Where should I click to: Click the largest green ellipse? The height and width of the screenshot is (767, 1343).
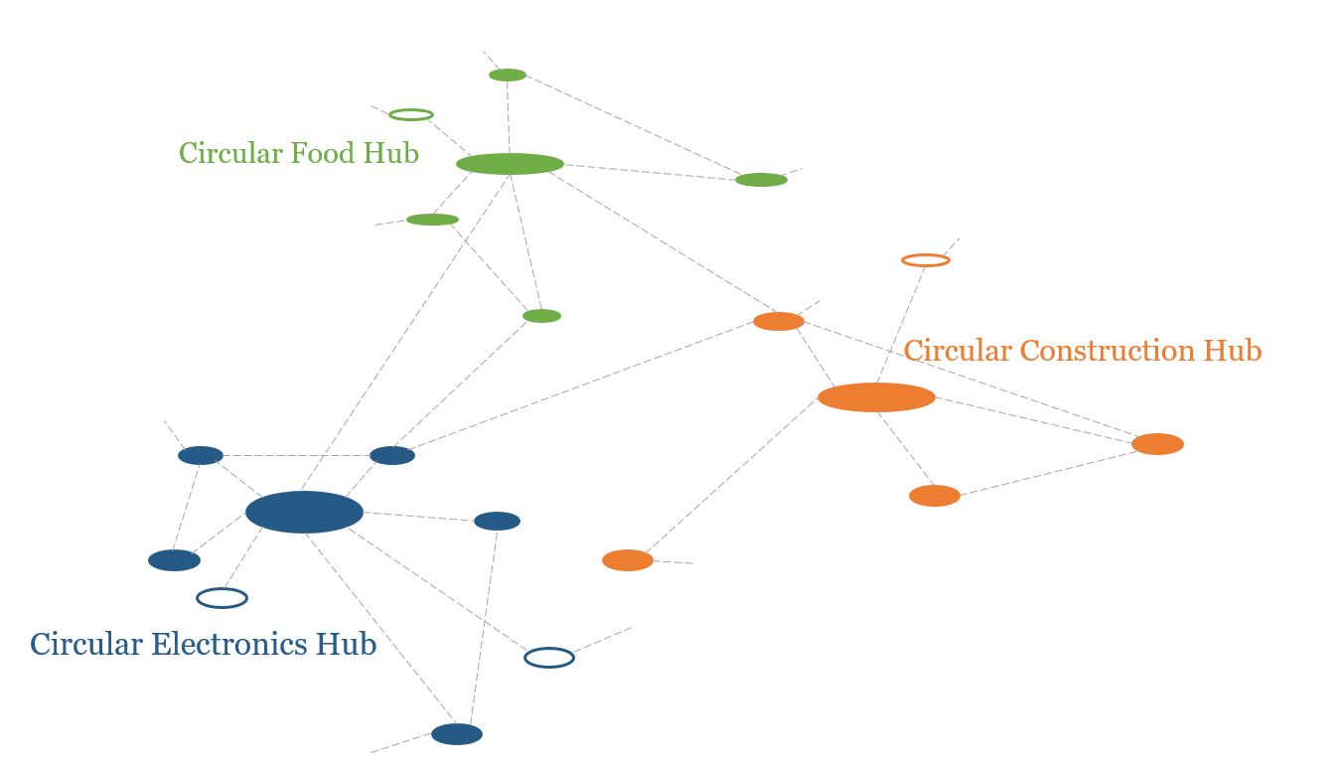[x=510, y=164]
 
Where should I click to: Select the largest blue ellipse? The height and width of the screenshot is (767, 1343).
[x=305, y=512]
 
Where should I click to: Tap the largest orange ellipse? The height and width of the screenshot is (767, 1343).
[x=876, y=397]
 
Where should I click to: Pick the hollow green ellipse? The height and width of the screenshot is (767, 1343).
[x=411, y=114]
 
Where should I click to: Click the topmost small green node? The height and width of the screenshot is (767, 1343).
[x=508, y=75]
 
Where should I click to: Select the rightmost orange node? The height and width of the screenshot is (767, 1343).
[x=1157, y=444]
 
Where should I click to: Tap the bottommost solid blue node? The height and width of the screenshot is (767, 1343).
[x=457, y=734]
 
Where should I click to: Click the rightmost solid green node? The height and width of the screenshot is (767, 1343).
[x=762, y=180]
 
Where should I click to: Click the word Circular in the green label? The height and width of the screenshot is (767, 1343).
[x=230, y=153]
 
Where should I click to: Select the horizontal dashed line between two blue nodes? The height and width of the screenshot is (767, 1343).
[x=296, y=456]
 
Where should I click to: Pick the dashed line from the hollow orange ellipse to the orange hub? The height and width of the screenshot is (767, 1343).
[x=901, y=325]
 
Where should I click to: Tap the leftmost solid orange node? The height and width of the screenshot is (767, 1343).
[x=628, y=560]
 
